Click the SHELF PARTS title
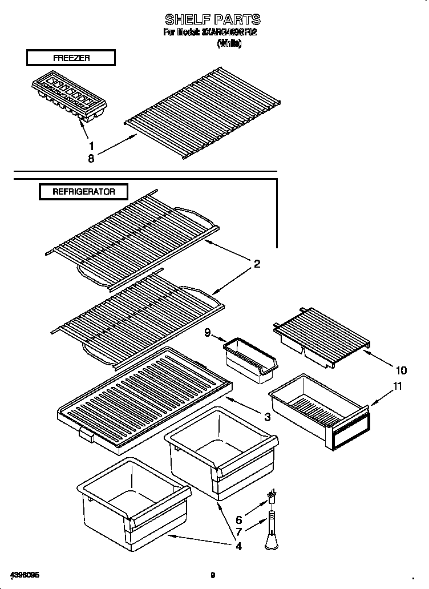pyautogui.click(x=212, y=20)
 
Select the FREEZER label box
pyautogui.click(x=71, y=58)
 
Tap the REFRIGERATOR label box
pyautogui.click(x=84, y=192)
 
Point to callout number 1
pyautogui.click(x=91, y=146)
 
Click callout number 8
pyautogui.click(x=91, y=159)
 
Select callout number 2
pyautogui.click(x=257, y=264)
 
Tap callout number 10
pyautogui.click(x=401, y=370)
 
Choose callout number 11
pyautogui.click(x=397, y=386)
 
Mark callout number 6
pyautogui.click(x=238, y=520)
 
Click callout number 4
pyautogui.click(x=238, y=546)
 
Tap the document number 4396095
pyautogui.click(x=25, y=575)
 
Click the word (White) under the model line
pyautogui.click(x=229, y=44)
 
